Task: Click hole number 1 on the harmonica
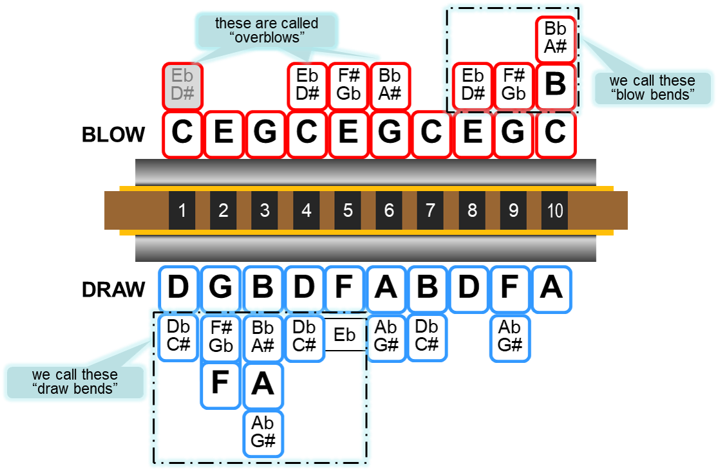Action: (182, 210)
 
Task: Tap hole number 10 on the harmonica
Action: (554, 210)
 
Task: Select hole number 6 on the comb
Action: (389, 210)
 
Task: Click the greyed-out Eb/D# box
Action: (183, 85)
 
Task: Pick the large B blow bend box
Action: (555, 85)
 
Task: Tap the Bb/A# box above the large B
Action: (555, 37)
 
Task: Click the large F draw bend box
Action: (220, 384)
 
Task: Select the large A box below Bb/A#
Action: (263, 384)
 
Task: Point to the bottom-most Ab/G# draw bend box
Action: (263, 432)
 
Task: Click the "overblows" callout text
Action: (266, 30)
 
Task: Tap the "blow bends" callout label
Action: (652, 88)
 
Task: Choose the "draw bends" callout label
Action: (75, 382)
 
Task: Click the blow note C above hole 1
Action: (183, 133)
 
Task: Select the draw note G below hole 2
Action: (221, 288)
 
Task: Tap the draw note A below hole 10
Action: (551, 288)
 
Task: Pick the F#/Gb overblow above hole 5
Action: (348, 85)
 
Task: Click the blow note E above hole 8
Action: (473, 133)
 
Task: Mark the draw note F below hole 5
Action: (345, 288)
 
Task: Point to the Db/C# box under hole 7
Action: (427, 336)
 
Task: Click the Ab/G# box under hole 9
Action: (509, 336)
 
